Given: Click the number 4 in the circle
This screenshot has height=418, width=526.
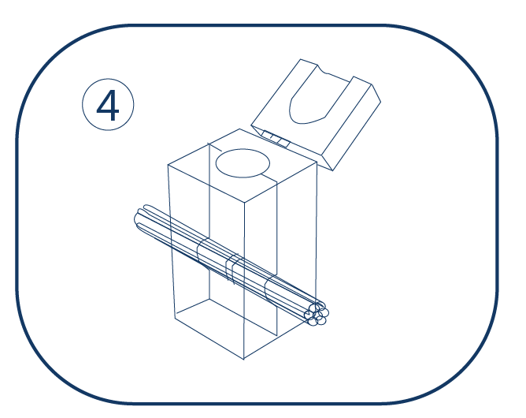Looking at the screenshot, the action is point(108,106).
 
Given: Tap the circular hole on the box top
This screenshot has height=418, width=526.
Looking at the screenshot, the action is point(243,163).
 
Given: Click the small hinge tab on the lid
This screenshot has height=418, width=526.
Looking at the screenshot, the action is point(276,139).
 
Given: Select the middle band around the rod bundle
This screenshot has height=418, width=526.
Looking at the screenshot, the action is point(232,269).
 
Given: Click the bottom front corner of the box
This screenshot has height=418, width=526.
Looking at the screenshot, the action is point(244,359).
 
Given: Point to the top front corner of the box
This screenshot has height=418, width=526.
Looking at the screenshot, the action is point(245,203).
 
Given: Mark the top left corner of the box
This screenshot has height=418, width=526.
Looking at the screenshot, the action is point(168,165).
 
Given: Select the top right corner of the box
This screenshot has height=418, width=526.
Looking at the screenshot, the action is point(317,162).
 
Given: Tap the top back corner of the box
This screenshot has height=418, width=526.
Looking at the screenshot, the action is point(239,129).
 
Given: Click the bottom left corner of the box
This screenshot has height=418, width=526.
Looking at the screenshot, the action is point(175,318).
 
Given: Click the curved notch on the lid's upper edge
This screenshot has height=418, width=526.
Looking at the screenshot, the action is point(322,70).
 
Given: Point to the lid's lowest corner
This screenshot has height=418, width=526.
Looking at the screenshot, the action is point(332,170).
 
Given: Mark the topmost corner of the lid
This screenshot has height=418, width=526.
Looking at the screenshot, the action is point(301,59).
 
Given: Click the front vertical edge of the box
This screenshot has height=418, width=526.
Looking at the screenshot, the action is point(244,281).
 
